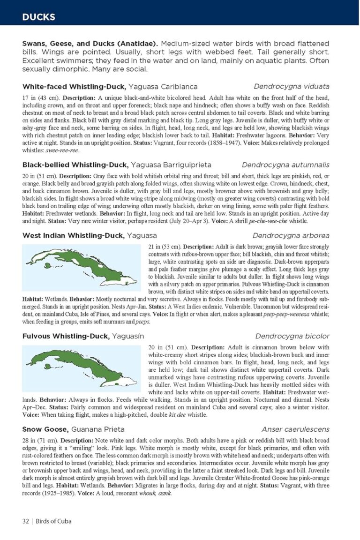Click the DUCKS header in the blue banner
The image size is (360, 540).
tap(38, 18)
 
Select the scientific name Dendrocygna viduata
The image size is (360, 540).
tap(292, 87)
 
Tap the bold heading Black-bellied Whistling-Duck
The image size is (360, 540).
tap(75, 165)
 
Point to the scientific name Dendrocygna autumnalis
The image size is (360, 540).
tap(285, 165)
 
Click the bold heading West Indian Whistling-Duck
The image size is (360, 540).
tap(73, 236)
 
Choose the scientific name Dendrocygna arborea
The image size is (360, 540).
tap(291, 236)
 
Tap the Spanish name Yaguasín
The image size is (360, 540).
tap(128, 337)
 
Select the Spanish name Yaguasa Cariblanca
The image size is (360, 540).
tap(163, 87)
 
